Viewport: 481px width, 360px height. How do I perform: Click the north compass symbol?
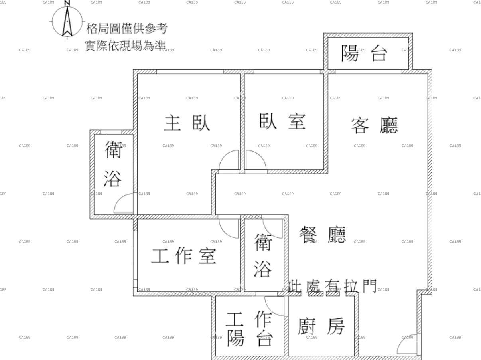click(67, 21)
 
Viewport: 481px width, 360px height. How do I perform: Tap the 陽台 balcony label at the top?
click(365, 53)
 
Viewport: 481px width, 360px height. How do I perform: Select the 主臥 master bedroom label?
click(187, 123)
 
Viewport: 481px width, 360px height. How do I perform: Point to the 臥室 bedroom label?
click(282, 121)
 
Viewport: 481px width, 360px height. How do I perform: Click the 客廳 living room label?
click(375, 125)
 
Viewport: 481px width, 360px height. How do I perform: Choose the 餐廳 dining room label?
click(323, 235)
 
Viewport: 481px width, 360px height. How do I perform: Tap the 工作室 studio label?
click(183, 256)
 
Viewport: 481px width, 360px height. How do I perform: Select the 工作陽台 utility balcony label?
click(250, 328)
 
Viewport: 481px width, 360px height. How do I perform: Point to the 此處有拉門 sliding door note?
click(332, 286)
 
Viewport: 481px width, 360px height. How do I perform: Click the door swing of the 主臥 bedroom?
click(229, 160)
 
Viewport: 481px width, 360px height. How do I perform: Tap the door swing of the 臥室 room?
click(256, 160)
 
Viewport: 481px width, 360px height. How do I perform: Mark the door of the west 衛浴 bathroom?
click(124, 203)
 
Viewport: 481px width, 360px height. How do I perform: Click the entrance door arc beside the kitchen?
click(407, 344)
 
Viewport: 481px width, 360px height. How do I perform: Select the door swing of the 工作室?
click(229, 228)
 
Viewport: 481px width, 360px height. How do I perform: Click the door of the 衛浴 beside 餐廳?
click(272, 228)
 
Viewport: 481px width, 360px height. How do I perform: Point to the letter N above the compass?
click(67, 3)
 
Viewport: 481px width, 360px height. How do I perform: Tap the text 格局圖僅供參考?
click(127, 28)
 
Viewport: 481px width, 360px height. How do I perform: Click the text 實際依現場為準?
click(125, 45)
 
